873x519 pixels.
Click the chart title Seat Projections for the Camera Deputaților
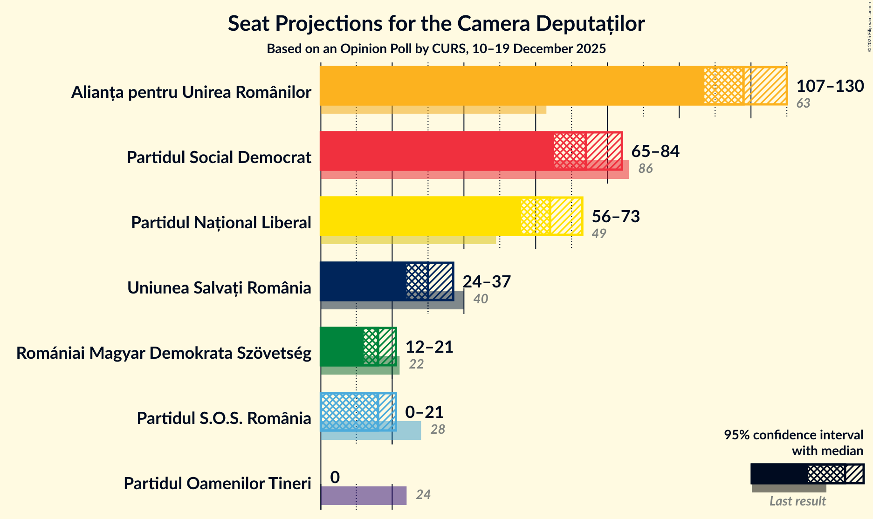tap(436, 24)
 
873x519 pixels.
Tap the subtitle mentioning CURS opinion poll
tap(436, 49)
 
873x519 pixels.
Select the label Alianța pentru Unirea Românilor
tap(191, 92)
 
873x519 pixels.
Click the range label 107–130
tap(830, 86)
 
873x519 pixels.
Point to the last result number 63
tap(803, 103)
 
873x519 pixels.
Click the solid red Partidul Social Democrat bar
tap(436, 151)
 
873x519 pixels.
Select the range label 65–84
tap(655, 151)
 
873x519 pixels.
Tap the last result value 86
tap(645, 169)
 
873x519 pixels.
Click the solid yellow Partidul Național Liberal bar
tap(419, 216)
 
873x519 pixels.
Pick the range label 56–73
tap(615, 217)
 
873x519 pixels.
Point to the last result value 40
tap(480, 299)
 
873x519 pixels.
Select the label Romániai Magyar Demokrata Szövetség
tap(164, 353)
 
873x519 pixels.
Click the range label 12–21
tap(429, 347)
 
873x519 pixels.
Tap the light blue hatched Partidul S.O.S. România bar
tap(350, 412)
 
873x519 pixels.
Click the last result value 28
tap(437, 430)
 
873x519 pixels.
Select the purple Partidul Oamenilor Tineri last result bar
tap(364, 496)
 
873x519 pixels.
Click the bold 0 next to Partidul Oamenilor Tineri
tap(335, 478)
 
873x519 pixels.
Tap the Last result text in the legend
tap(797, 501)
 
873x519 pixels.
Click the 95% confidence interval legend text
tap(793, 443)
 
